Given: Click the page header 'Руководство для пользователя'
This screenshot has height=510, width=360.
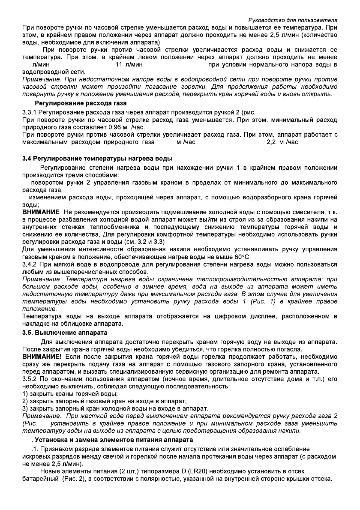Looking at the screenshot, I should tap(294, 20).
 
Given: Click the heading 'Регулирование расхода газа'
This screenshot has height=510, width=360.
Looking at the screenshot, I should tap(81, 103).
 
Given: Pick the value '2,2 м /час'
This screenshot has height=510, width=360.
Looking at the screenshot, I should tap(282, 141).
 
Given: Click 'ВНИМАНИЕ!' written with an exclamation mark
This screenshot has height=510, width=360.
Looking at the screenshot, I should tap(42, 356).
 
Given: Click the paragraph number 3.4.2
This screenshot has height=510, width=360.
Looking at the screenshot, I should tap(30, 264).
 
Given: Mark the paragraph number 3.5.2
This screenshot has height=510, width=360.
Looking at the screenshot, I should tap(30, 378).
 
